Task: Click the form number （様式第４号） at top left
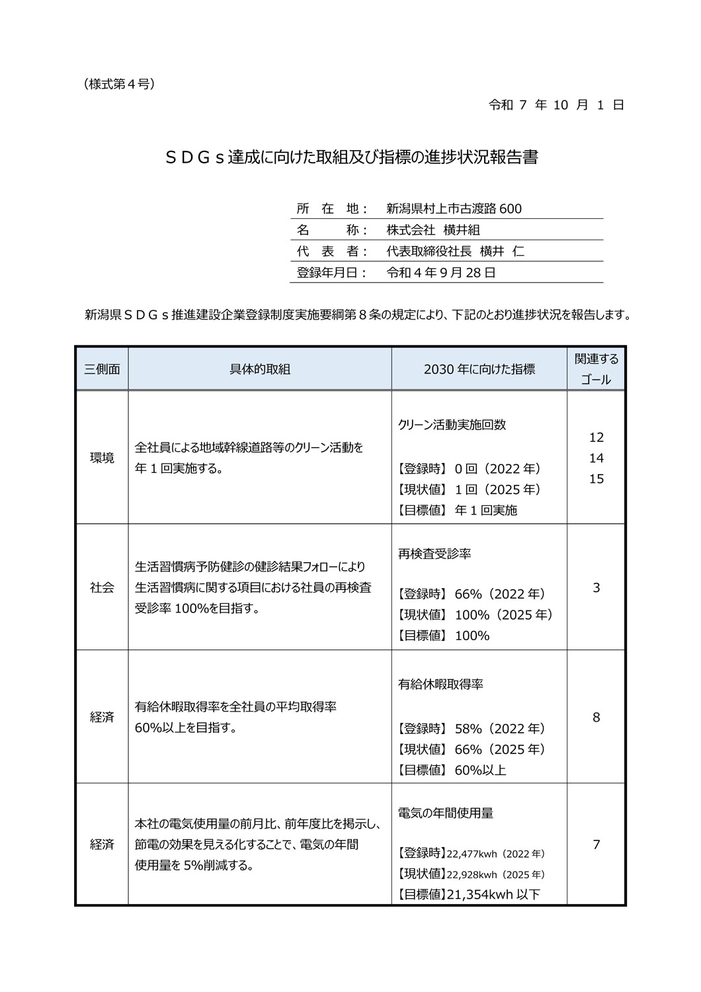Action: tap(120, 84)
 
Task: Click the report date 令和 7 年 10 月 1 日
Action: tap(556, 105)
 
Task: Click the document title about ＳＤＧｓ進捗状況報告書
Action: tap(350, 158)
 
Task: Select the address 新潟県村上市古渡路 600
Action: tap(454, 209)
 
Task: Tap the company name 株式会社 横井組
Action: tap(433, 230)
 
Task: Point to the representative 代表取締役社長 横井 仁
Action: tap(455, 251)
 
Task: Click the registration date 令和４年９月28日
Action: tap(440, 272)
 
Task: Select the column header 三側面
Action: tap(102, 369)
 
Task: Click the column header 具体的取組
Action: tap(260, 369)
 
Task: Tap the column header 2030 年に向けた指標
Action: tap(479, 369)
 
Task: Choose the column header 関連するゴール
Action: tap(596, 369)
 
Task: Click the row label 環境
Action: tap(102, 458)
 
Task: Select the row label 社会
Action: tap(102, 587)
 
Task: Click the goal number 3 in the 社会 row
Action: tap(596, 587)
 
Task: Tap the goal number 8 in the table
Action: tap(596, 717)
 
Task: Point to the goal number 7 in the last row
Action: tap(596, 845)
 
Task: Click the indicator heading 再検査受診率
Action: tap(434, 554)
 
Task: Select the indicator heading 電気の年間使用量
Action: tap(445, 813)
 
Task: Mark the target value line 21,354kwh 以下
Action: tap(469, 895)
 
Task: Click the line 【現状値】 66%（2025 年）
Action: tap(471, 749)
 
